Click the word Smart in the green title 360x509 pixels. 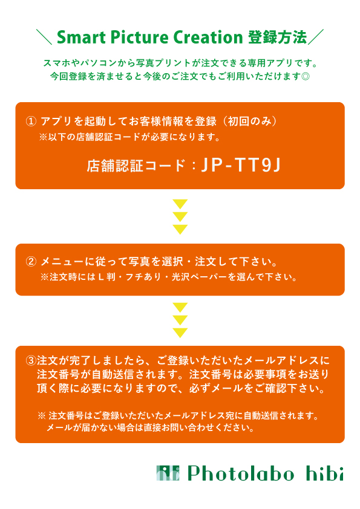(82, 37)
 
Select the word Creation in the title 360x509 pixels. (208, 37)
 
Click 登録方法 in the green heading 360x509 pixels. (278, 37)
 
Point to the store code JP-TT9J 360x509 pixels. (241, 165)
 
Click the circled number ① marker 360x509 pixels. (31, 122)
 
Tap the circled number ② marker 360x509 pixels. (31, 261)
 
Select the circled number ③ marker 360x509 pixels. (31, 360)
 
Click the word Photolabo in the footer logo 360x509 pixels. (241, 473)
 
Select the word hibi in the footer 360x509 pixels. (324, 473)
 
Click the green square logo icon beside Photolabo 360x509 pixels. (168, 473)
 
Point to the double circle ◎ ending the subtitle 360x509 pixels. (306, 77)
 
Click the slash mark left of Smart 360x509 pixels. (44, 37)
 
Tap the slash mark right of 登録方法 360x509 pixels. (316, 37)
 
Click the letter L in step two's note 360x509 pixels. (101, 277)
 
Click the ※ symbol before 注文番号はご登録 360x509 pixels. (42, 415)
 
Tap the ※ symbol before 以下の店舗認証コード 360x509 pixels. (44, 137)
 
